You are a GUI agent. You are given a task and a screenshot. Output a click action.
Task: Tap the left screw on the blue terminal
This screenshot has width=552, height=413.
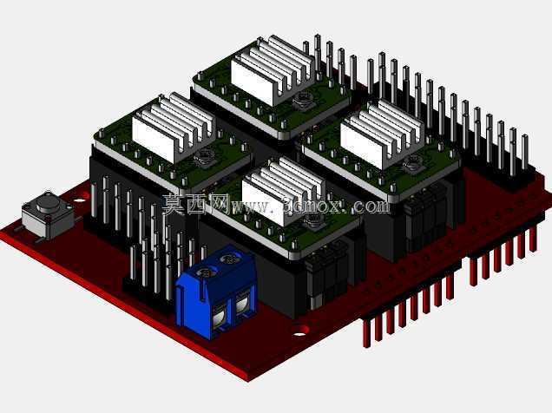point(205,272)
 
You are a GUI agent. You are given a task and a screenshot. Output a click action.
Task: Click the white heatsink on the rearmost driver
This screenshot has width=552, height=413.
point(273,69)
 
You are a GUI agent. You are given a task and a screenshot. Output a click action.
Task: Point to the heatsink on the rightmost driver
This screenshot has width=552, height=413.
point(382,133)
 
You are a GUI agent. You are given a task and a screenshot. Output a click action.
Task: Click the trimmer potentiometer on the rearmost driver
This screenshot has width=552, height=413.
point(302,100)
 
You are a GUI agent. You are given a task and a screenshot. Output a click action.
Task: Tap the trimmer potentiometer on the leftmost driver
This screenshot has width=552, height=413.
point(203,157)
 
